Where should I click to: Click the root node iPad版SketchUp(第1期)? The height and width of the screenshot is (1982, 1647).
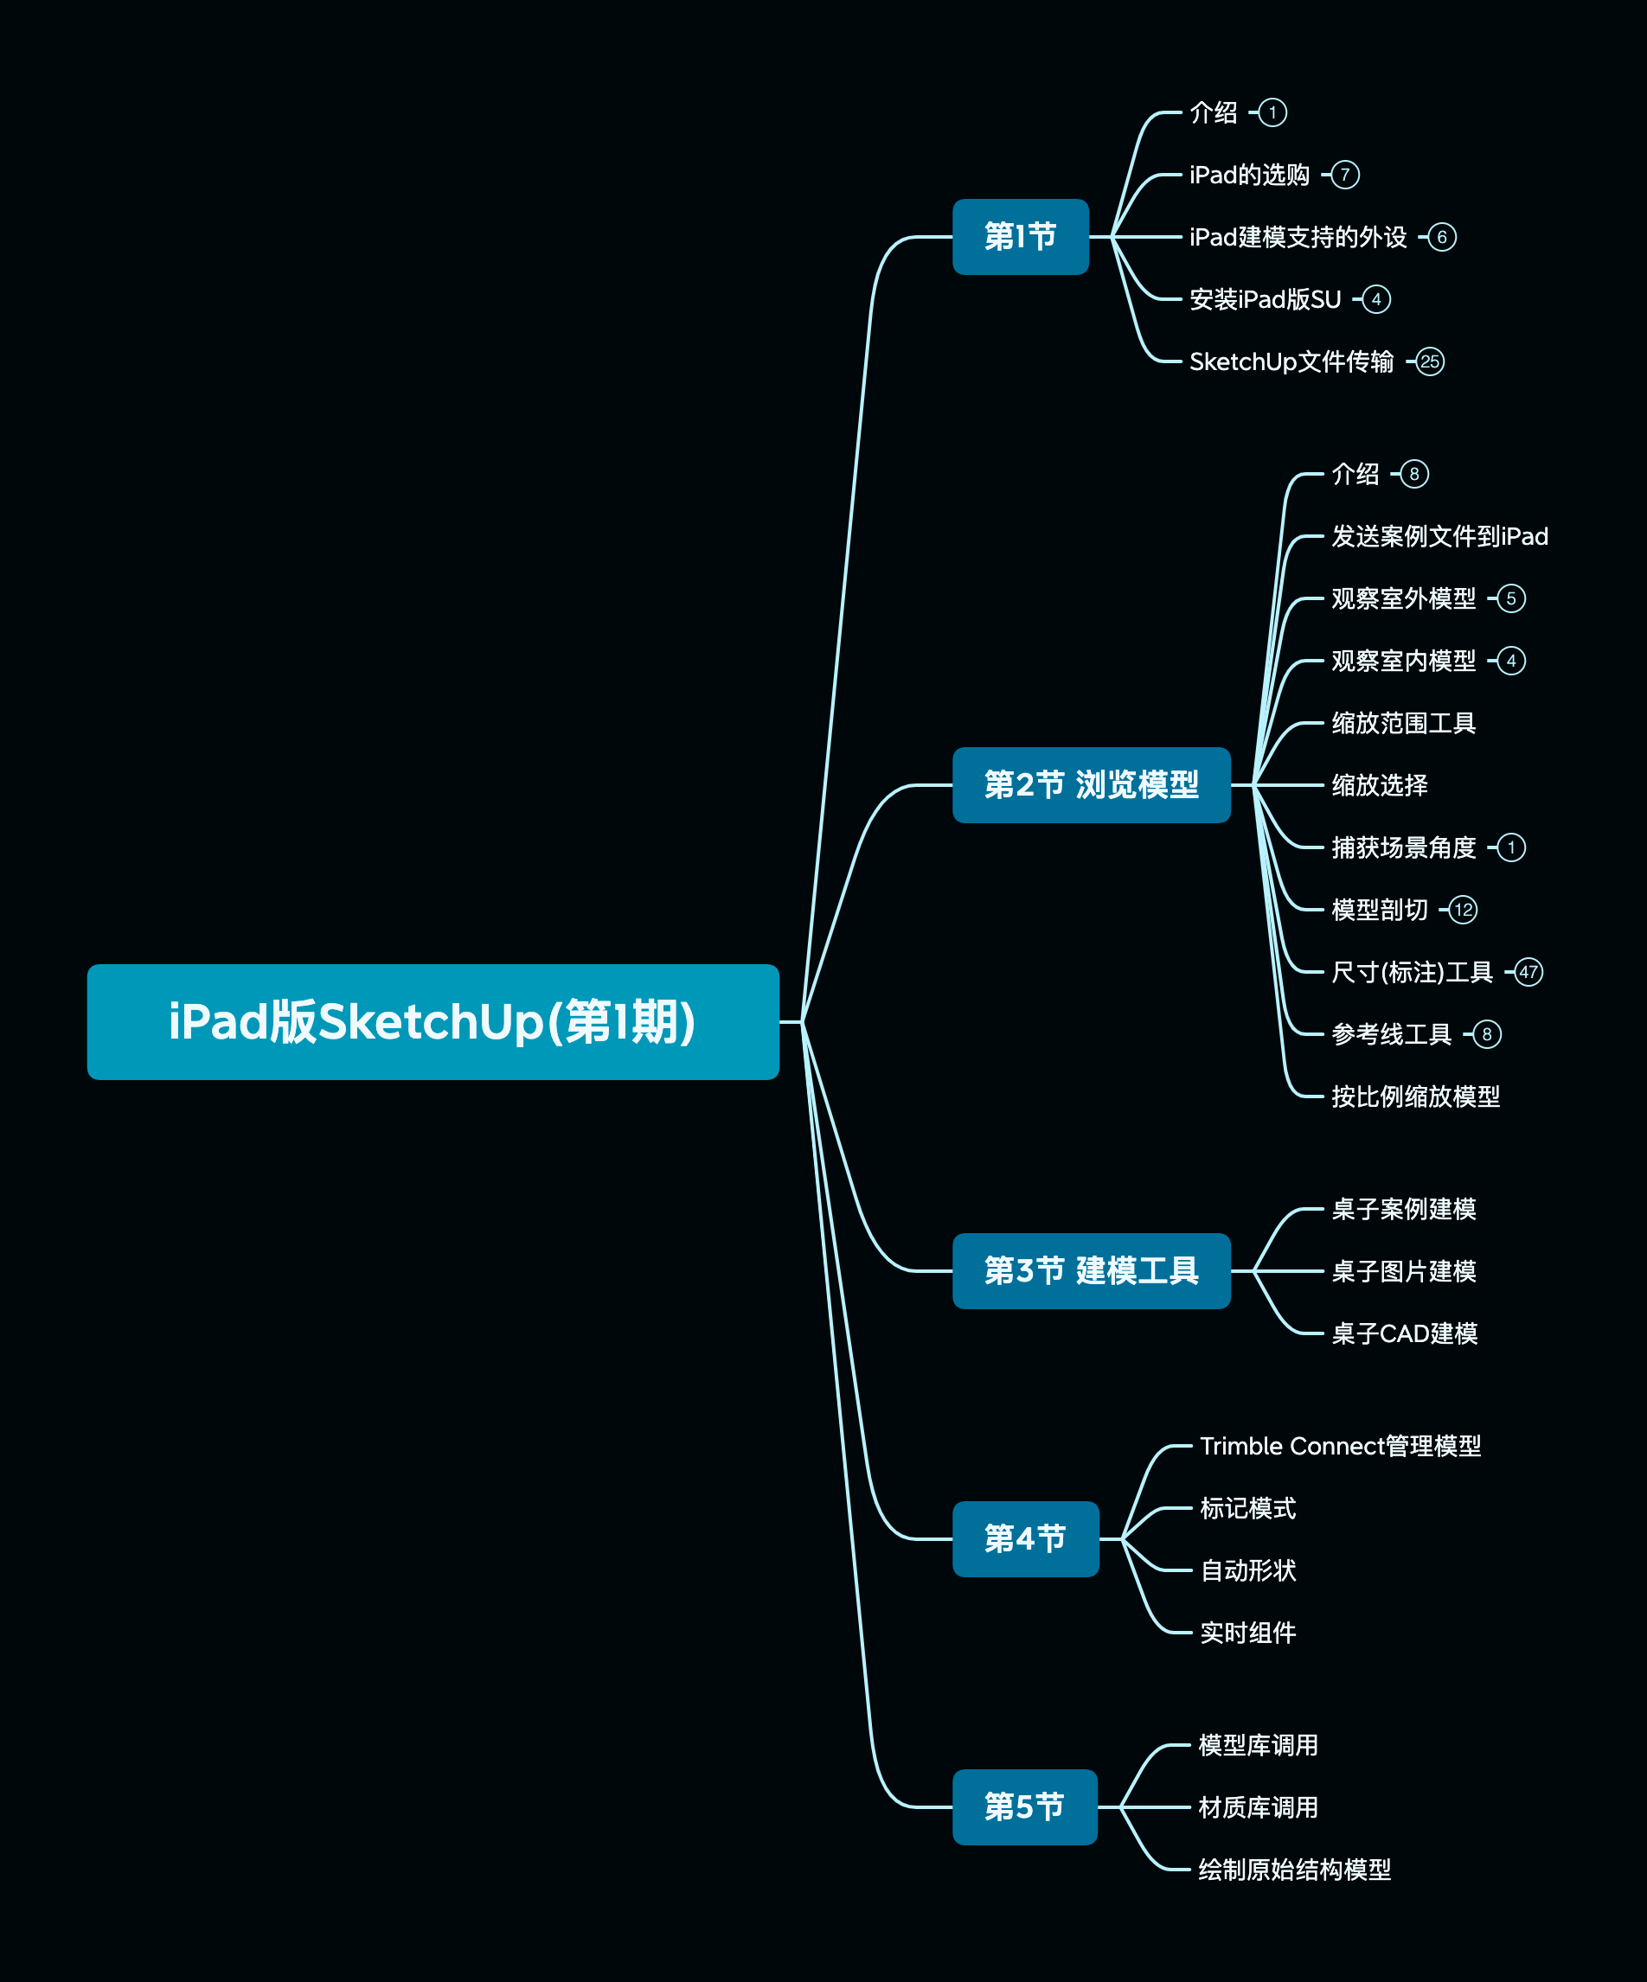433,1021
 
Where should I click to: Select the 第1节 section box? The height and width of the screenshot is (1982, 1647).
1020,237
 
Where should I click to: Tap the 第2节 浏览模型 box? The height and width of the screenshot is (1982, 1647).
1091,785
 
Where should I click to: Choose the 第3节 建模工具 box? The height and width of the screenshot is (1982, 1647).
1091,1270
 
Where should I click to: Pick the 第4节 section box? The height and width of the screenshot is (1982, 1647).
1025,1538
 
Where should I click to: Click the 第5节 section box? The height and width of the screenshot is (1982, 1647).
1024,1806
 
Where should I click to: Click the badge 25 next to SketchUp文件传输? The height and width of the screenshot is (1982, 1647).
1430,361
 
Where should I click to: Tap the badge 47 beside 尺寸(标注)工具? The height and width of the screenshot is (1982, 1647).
1528,972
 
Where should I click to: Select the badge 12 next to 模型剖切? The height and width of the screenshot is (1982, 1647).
1463,910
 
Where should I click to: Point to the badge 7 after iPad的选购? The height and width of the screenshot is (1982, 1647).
1345,175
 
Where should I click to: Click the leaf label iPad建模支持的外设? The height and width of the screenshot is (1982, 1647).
1298,237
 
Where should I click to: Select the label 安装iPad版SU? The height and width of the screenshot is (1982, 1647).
1265,299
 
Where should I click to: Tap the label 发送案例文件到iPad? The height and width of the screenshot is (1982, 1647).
1439,536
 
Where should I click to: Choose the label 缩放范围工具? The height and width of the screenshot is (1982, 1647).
1403,723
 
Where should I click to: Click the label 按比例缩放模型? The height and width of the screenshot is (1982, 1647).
1415,1096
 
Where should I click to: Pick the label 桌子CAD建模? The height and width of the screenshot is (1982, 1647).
1405,1333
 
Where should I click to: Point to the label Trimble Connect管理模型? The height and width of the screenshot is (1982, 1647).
1340,1446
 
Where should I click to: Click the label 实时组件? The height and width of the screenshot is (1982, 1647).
1247,1633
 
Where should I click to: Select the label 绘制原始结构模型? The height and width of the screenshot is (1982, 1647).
1294,1870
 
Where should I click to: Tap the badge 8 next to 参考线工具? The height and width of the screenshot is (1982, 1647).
1487,1034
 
